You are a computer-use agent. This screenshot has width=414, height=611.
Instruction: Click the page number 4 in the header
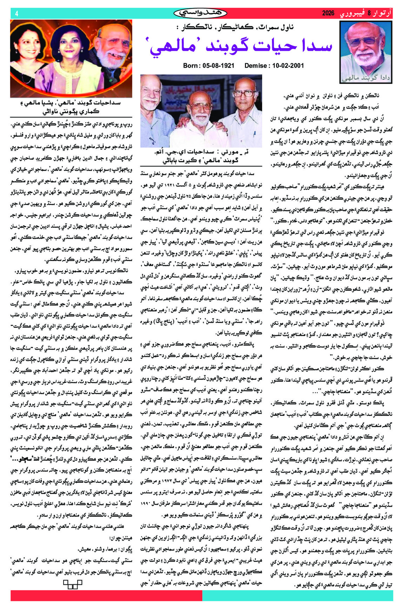tap(16, 13)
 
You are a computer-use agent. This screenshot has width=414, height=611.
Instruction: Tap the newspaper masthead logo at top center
tap(200, 13)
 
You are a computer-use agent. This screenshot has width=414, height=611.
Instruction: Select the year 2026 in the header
tap(329, 13)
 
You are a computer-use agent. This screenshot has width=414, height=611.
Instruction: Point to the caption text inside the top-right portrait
tap(366, 78)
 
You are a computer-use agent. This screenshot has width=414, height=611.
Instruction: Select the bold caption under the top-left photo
tap(71, 107)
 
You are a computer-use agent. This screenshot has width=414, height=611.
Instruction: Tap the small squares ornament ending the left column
tap(72, 583)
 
